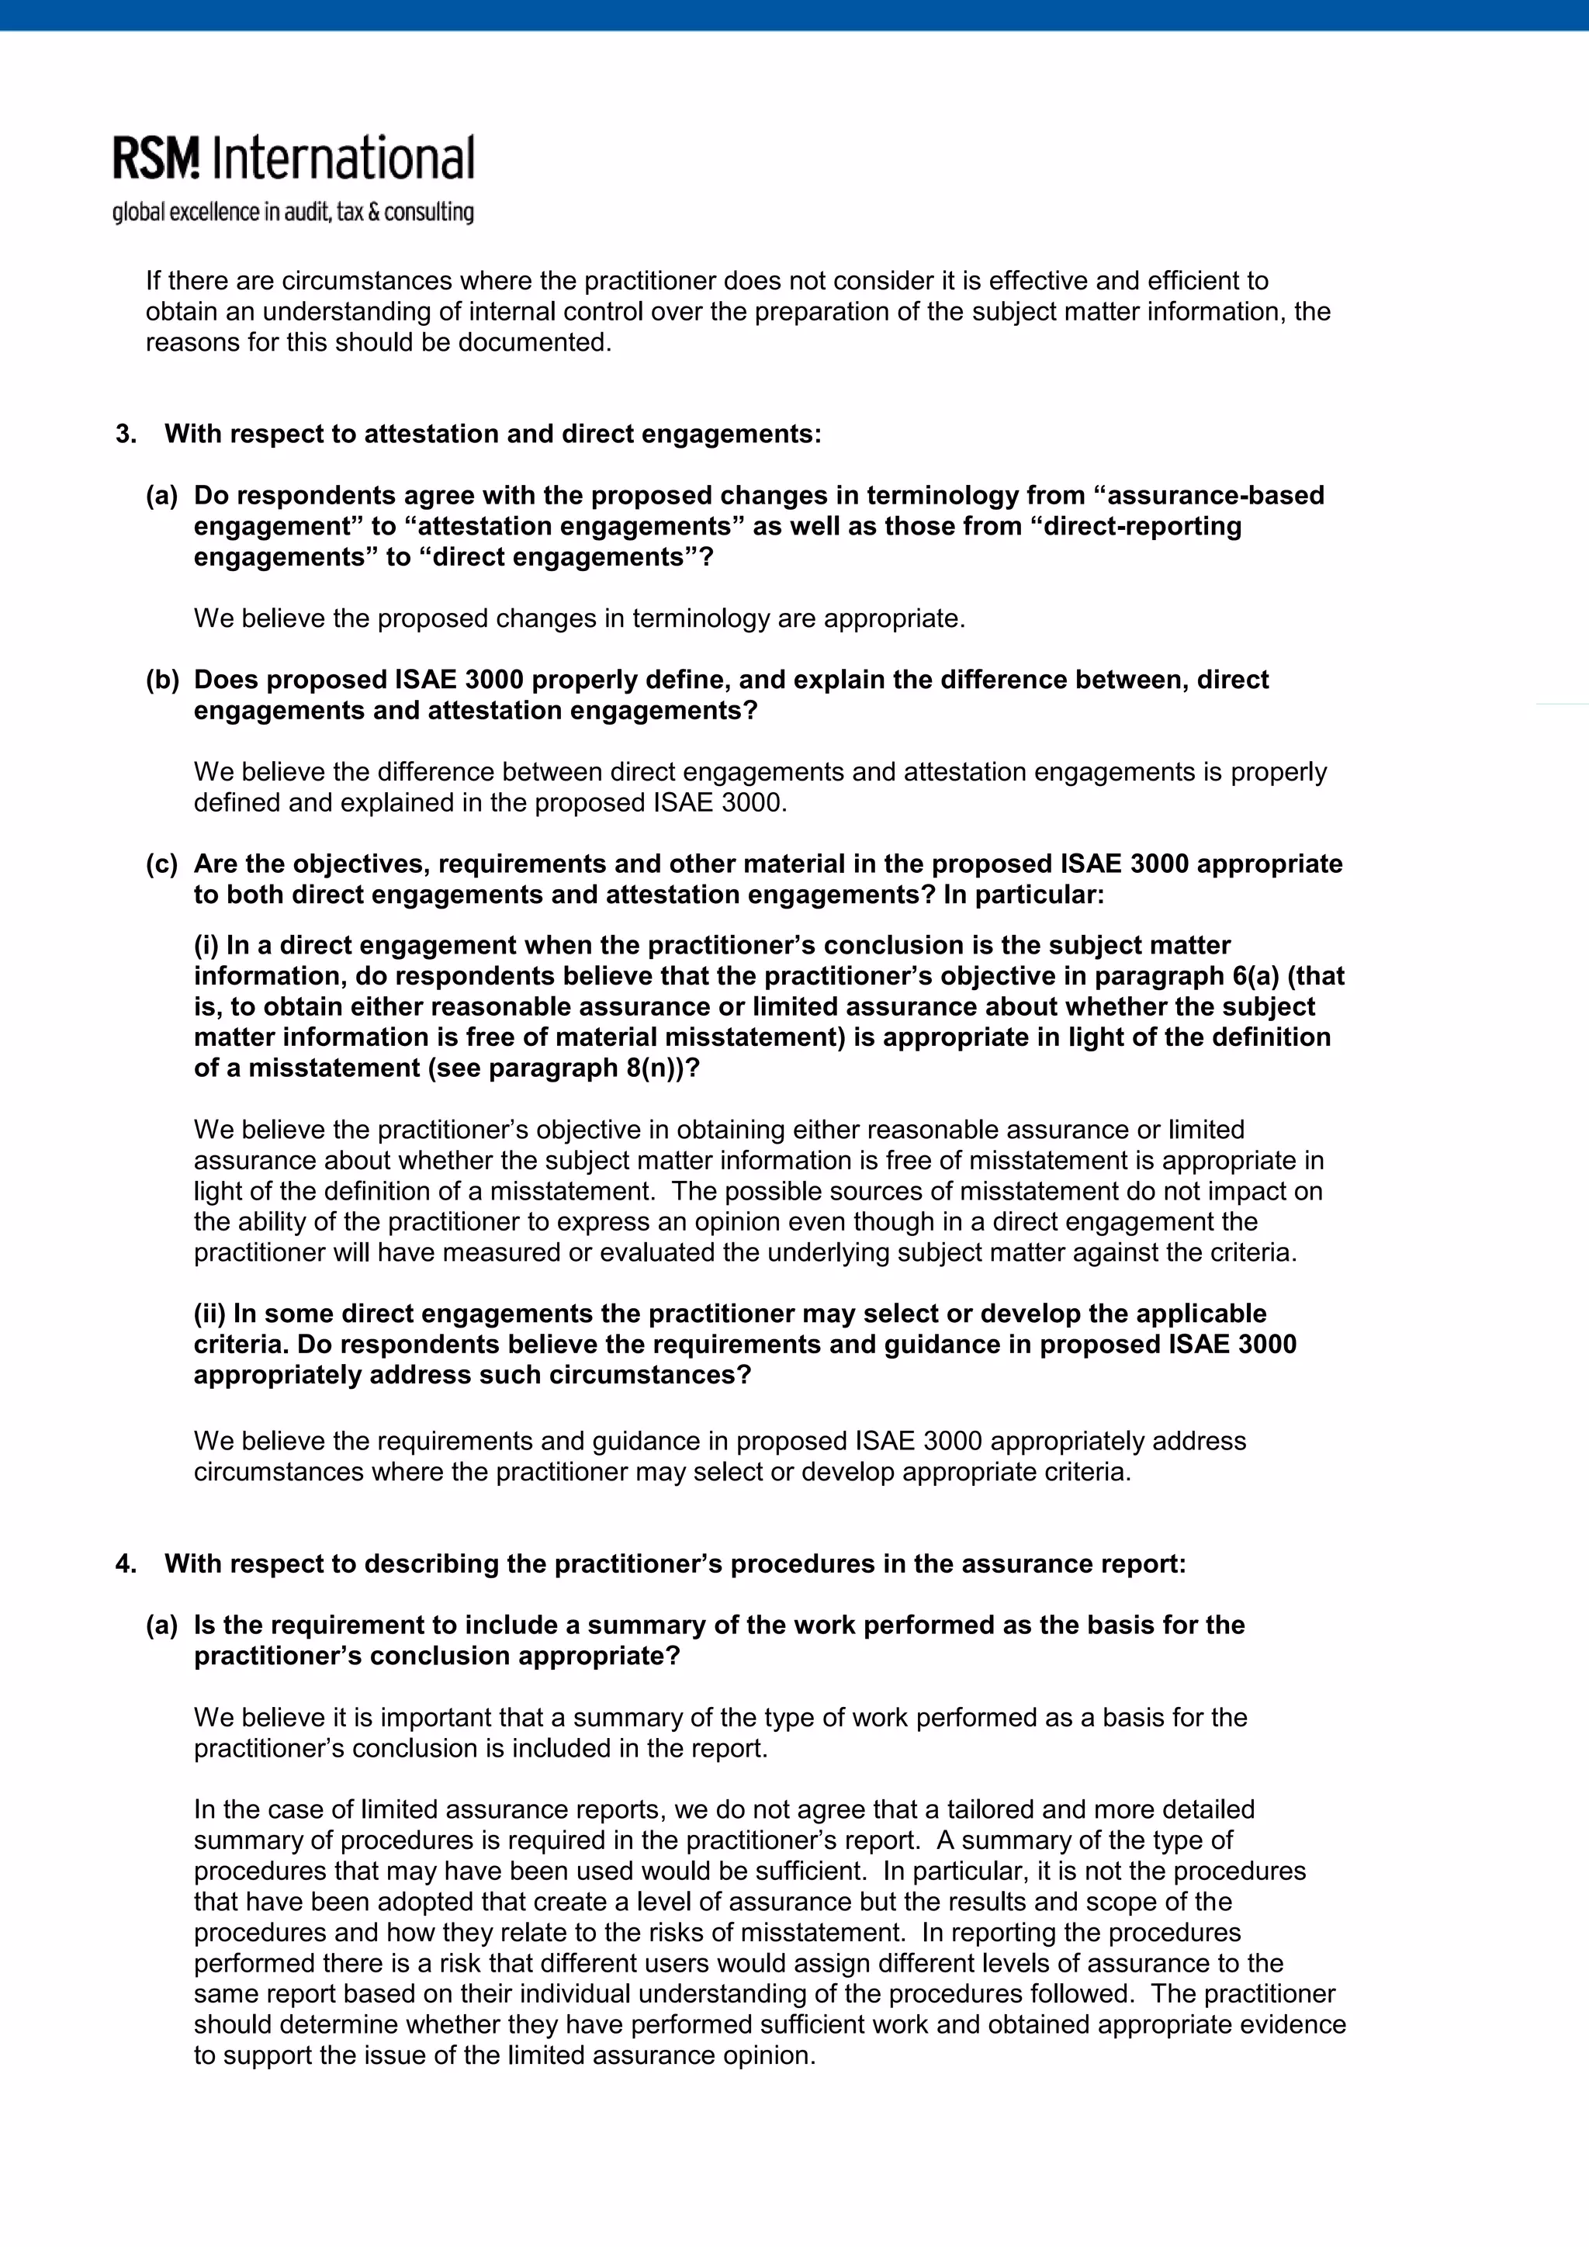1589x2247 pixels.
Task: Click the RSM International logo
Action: (x=293, y=158)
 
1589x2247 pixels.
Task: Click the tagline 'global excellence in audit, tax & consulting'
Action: (x=293, y=213)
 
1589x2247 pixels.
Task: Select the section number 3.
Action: (x=125, y=434)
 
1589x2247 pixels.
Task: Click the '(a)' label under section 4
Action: (x=162, y=1625)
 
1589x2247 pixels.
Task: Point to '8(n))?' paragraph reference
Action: (x=663, y=1068)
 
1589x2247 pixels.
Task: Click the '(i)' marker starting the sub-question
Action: (x=206, y=945)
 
